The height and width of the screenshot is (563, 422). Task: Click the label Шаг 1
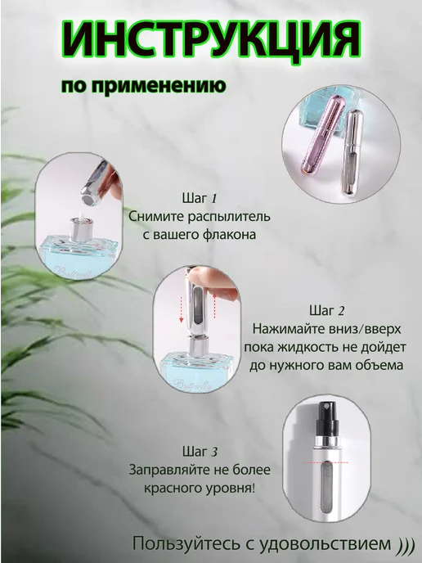pyautogui.click(x=200, y=198)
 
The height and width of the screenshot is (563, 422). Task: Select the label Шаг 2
pyautogui.click(x=326, y=310)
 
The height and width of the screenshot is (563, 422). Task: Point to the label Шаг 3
pyautogui.click(x=200, y=451)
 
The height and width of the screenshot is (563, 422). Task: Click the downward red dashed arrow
pyautogui.click(x=182, y=309)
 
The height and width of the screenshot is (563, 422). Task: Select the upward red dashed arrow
pyautogui.click(x=214, y=306)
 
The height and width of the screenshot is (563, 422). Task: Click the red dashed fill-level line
pyautogui.click(x=326, y=462)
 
